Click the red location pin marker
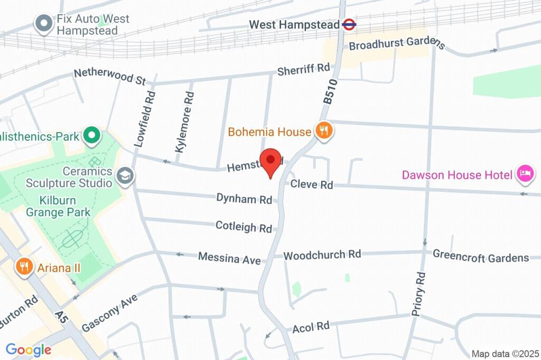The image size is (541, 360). (x=272, y=161)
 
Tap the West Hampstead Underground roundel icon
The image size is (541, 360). (x=349, y=24)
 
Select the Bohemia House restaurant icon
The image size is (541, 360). (x=323, y=130)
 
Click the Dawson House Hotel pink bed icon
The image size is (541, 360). (x=525, y=174)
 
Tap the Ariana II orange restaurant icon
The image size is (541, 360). (x=24, y=267)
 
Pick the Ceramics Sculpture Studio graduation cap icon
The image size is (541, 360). (x=126, y=176)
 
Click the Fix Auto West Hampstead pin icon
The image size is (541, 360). (x=43, y=23)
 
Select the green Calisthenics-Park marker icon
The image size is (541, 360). (x=92, y=136)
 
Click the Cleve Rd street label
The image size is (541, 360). (x=312, y=185)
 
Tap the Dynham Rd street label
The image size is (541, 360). (x=244, y=199)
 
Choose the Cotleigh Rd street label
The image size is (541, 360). (x=244, y=227)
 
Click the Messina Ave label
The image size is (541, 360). (x=229, y=258)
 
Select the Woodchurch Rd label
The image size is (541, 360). (x=322, y=255)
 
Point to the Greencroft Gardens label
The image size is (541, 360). (x=481, y=257)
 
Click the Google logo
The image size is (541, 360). (x=28, y=349)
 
